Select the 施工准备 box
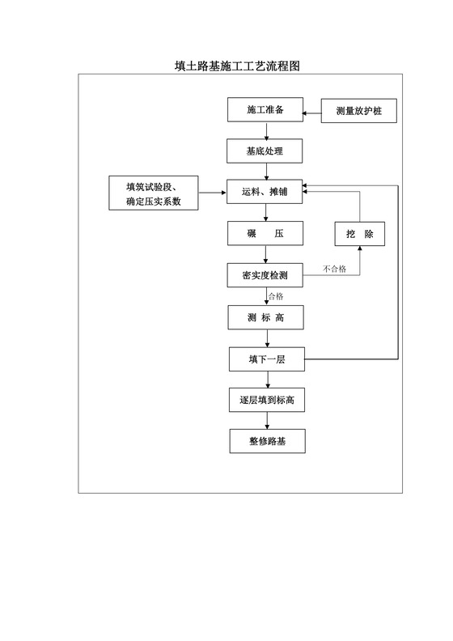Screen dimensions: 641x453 pyautogui.click(x=265, y=110)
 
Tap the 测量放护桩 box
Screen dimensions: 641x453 pyautogui.click(x=359, y=111)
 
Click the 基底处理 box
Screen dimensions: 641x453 pyautogui.click(x=265, y=151)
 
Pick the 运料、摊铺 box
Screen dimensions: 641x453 pyautogui.click(x=265, y=193)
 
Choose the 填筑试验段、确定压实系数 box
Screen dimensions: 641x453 pyautogui.click(x=155, y=193)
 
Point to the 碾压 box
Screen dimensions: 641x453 pyautogui.click(x=265, y=234)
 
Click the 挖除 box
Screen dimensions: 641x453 pyautogui.click(x=359, y=234)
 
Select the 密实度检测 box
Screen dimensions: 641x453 pyautogui.click(x=265, y=276)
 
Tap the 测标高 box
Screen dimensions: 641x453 pyautogui.click(x=265, y=317)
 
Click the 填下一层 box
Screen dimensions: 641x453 pyautogui.click(x=265, y=359)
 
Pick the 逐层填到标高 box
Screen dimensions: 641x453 pyautogui.click(x=265, y=400)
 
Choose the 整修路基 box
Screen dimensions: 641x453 pyautogui.click(x=265, y=441)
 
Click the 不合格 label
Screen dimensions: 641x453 pyautogui.click(x=334, y=270)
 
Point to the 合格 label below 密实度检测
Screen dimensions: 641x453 pyautogui.click(x=275, y=296)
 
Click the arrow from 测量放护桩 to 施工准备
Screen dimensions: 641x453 pyautogui.click(x=312, y=111)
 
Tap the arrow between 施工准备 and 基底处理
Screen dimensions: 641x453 pyautogui.click(x=266, y=130)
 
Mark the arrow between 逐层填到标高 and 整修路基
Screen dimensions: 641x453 pyautogui.click(x=266, y=421)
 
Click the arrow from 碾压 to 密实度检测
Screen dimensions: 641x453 pyautogui.click(x=266, y=255)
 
